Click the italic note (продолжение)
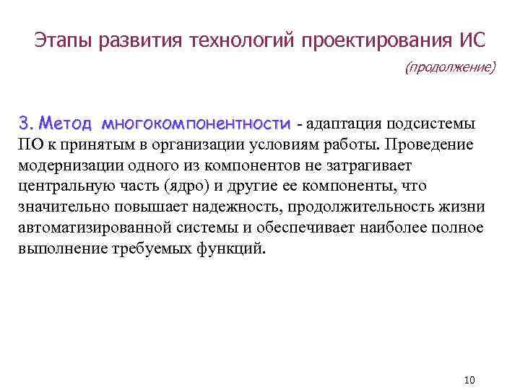click(x=451, y=67)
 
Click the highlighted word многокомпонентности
click(x=197, y=121)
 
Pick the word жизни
click(x=465, y=208)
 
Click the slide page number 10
click(x=469, y=380)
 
